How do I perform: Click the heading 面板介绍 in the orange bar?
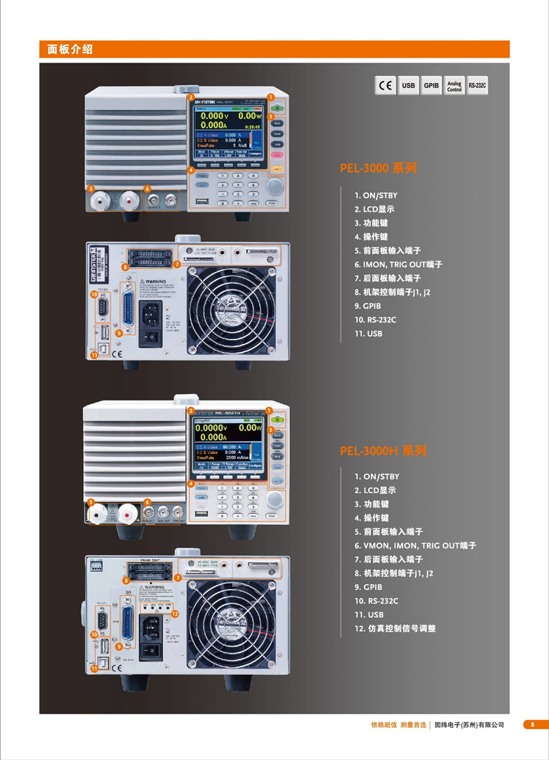(x=70, y=49)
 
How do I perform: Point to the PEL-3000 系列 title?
(x=378, y=168)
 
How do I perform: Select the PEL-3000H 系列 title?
(x=383, y=450)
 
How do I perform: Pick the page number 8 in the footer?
(x=533, y=724)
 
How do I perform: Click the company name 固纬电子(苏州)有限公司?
(x=469, y=724)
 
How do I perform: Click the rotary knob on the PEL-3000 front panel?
(x=274, y=186)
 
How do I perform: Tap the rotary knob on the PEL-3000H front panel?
(x=275, y=500)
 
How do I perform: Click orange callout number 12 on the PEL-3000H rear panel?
(x=175, y=613)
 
